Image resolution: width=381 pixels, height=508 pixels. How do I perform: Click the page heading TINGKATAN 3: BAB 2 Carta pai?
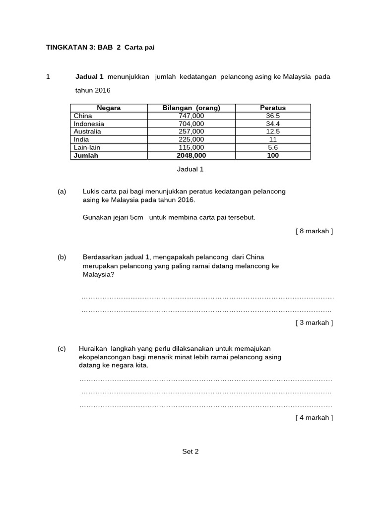click(104, 47)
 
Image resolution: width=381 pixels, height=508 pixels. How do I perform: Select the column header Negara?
click(109, 108)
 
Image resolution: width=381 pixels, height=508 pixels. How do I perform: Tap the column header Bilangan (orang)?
click(191, 108)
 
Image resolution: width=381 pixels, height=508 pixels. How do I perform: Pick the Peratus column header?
click(273, 108)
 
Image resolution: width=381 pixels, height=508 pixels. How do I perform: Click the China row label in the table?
click(83, 116)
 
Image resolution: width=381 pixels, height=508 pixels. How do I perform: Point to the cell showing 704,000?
click(191, 124)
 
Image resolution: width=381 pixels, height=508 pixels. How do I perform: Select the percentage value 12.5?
click(273, 131)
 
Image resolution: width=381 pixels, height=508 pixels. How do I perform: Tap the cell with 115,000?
click(191, 147)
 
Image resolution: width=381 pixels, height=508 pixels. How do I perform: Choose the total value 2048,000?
click(191, 155)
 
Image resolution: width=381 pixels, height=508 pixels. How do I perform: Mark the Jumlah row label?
click(86, 155)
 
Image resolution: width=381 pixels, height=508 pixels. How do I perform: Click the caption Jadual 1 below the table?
click(190, 169)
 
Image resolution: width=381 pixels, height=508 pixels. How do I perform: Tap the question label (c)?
click(62, 348)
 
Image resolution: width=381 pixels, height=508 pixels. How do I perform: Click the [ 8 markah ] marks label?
click(314, 231)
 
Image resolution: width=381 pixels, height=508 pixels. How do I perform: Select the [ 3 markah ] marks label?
click(314, 322)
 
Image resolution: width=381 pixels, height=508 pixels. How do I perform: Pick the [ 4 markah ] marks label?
click(314, 417)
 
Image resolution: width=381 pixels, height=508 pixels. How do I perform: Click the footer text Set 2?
click(190, 451)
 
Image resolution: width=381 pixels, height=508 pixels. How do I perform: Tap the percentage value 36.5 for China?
click(273, 116)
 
